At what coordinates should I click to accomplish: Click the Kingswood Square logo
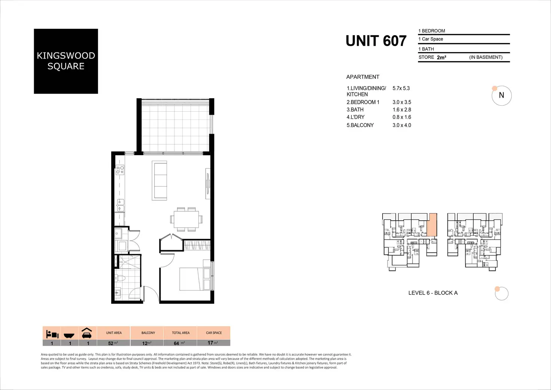pos(66,61)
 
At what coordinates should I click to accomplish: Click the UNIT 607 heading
pos(376,41)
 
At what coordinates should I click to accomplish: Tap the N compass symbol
pos(501,96)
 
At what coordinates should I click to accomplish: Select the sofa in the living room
pos(159,180)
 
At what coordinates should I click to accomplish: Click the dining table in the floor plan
pos(186,219)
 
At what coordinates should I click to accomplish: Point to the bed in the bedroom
pos(195,279)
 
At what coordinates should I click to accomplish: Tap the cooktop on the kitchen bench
pos(120,170)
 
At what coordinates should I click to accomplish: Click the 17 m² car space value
pos(213,343)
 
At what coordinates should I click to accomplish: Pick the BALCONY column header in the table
pos(148,333)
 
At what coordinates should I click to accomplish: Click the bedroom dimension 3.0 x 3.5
pos(402,102)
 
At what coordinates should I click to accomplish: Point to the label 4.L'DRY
pos(355,117)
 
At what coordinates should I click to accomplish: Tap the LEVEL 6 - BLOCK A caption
pos(433,293)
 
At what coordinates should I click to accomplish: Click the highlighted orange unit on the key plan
pos(432,225)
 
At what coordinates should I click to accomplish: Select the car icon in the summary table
pos(87,333)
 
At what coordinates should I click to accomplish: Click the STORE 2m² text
pos(432,57)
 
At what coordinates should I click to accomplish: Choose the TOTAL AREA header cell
pos(180,333)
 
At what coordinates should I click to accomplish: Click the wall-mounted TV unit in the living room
pos(208,181)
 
